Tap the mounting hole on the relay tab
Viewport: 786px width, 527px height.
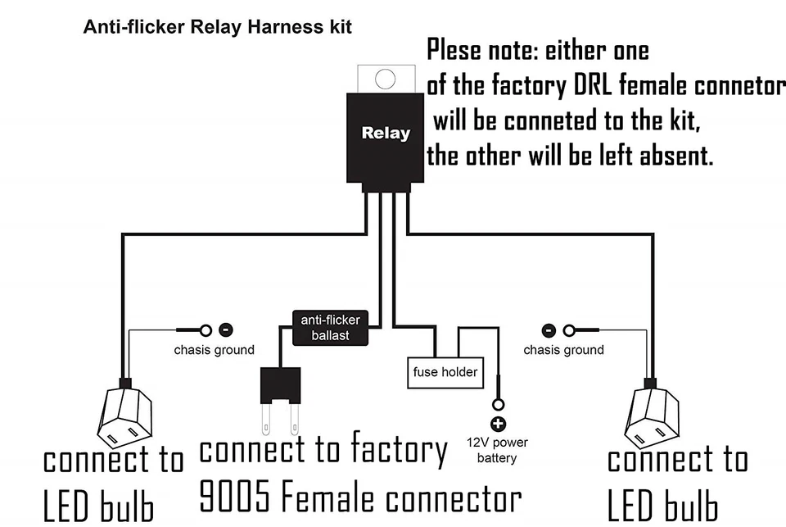click(386, 80)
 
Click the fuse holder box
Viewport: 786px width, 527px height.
click(445, 372)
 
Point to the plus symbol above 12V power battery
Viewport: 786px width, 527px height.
click(498, 424)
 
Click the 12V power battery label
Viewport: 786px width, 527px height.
click(498, 450)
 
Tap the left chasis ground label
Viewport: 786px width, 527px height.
click(214, 350)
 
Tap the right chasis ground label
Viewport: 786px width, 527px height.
click(564, 350)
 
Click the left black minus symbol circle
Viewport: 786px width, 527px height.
click(226, 330)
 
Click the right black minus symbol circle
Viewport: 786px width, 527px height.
click(549, 330)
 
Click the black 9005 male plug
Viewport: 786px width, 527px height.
click(280, 384)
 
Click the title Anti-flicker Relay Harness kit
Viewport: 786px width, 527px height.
click(218, 27)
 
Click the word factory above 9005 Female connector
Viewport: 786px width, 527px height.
click(399, 450)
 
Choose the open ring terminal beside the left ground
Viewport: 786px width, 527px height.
click(206, 330)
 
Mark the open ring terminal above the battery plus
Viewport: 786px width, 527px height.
click(498, 405)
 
